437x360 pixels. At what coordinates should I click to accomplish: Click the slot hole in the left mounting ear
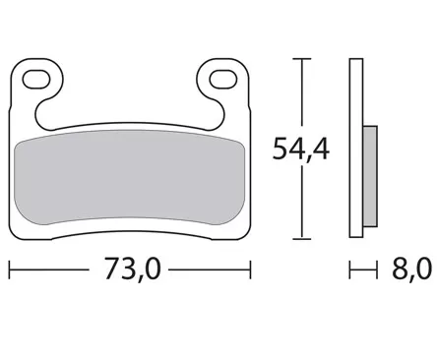[x=40, y=77]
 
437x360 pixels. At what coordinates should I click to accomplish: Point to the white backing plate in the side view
[x=356, y=148]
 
